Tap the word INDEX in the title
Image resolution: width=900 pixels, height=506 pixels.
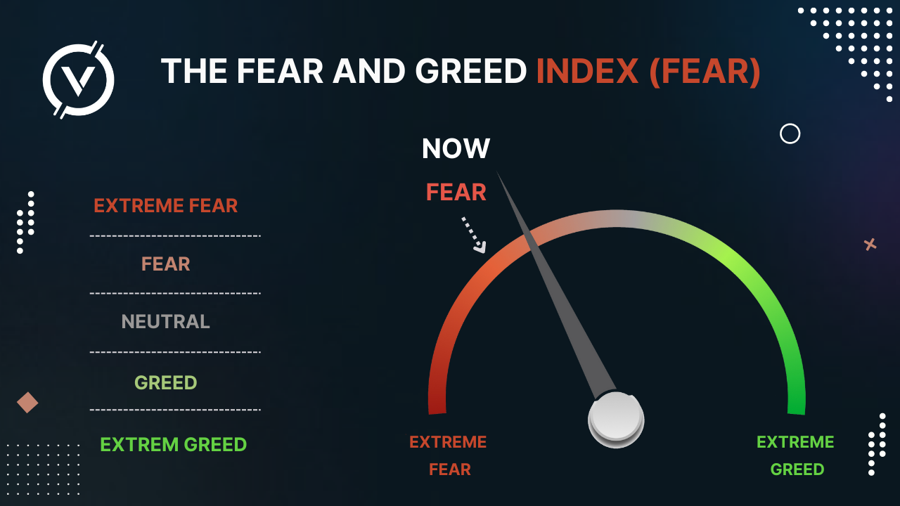587,71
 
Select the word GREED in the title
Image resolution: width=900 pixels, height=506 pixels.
470,71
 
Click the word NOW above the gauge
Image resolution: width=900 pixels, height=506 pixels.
456,148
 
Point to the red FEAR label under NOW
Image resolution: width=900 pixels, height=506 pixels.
456,192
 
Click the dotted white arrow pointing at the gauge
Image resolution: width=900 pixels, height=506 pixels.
474,235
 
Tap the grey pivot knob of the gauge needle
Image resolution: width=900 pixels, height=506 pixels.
616,419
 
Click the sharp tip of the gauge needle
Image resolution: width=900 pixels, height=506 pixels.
497,171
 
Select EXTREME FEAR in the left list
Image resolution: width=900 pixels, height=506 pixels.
165,206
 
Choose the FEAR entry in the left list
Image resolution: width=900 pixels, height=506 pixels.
165,264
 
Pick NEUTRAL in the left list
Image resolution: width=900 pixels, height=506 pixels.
165,322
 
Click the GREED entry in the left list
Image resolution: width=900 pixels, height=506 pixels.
165,382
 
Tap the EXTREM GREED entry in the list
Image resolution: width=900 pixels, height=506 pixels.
173,445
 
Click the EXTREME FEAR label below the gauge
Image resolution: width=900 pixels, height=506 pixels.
448,455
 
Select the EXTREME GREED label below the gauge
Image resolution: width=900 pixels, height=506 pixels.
795,455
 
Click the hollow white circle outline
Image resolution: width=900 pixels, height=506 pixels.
790,124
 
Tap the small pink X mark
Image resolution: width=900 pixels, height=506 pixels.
870,244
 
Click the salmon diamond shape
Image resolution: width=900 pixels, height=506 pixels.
27,403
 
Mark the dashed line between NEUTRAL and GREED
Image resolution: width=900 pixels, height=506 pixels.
175,352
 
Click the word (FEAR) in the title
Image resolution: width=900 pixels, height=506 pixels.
705,72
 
